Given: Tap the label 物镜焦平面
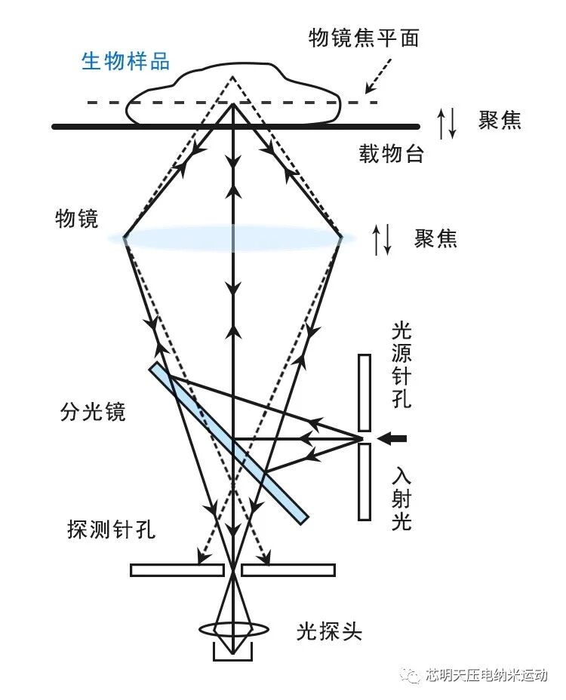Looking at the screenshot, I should (363, 38).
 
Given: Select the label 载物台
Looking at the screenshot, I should (391, 155).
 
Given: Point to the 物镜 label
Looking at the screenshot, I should (76, 219).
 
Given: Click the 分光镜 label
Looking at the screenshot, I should (93, 412).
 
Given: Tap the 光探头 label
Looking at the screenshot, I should (329, 631).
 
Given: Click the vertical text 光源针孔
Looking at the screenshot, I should (401, 365).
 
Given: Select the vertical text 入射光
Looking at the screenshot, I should (401, 499).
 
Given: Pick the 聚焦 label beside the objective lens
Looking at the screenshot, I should (435, 238).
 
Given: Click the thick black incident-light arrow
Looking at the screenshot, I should (392, 438).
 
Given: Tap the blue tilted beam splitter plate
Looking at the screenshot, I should (229, 443).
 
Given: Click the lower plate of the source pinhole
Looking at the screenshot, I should (365, 482).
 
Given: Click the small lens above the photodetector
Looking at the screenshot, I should (232, 629).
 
